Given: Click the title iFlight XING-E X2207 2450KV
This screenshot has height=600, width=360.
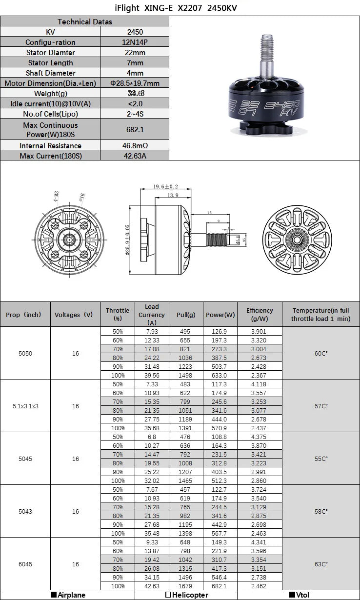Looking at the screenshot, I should [180, 8].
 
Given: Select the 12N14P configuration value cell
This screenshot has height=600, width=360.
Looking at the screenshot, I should [135, 42].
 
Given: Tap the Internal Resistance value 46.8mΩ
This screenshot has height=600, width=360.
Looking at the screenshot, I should [135, 146].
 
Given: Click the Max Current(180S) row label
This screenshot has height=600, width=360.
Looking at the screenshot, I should [51, 156].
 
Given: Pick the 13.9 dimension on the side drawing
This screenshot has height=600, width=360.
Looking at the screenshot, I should [172, 195].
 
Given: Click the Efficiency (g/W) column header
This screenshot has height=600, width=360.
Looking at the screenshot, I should [260, 314].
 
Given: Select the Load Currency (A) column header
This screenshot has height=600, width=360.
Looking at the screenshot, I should [152, 314].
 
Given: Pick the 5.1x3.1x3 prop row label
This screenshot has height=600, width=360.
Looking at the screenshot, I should [25, 406].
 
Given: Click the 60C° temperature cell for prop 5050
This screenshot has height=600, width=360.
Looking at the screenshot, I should [321, 353].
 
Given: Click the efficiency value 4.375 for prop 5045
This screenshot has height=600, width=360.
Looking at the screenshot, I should [260, 437].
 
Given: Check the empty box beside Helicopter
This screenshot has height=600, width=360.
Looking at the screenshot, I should [168, 595].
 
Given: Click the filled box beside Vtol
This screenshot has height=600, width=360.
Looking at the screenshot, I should [292, 595].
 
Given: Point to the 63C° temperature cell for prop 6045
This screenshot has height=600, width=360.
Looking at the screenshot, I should [321, 564].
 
